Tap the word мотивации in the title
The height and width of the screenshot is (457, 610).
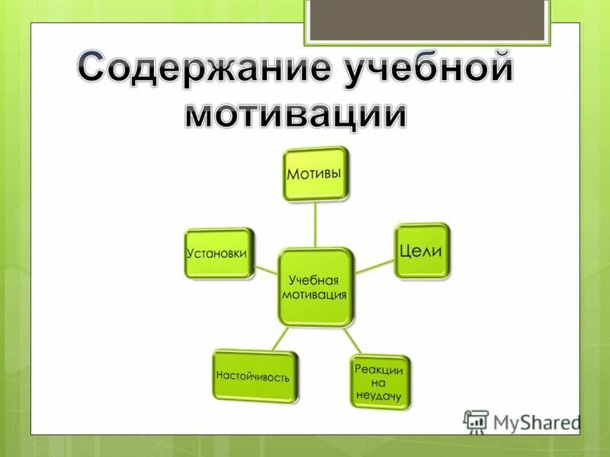coord(297,114)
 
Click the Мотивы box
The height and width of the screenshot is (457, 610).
coord(314,174)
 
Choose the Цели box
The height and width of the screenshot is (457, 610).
coord(422,251)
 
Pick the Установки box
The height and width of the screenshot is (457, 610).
coord(217,253)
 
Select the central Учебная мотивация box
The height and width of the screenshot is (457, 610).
coord(315,287)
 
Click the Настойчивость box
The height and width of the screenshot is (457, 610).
coord(253,376)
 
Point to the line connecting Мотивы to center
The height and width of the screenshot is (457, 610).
coord(315,224)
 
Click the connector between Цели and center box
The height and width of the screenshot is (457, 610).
coord(374,266)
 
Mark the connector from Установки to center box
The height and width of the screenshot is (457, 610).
coord(265,268)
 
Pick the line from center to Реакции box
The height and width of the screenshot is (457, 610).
coord(351,340)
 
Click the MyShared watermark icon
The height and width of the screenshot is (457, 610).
coord(476,421)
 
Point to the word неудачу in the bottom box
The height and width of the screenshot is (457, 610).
coord(380,395)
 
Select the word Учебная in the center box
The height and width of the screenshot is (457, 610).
coord(314,280)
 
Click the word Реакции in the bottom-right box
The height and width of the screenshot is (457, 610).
coord(379,369)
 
